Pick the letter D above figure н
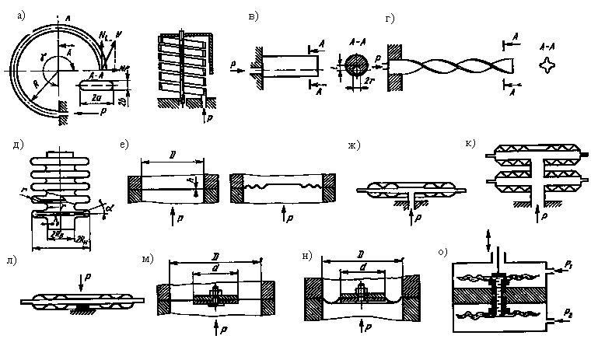[360, 254]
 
